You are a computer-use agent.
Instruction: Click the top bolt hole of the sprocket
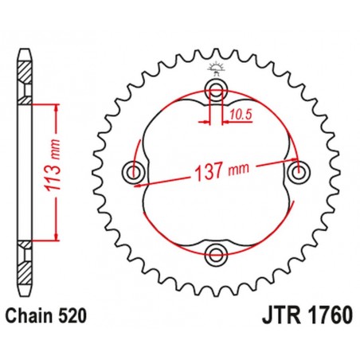[215, 88]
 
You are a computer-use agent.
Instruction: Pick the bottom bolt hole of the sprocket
[215, 254]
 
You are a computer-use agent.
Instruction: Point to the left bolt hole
[133, 170]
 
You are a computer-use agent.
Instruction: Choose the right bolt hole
[299, 170]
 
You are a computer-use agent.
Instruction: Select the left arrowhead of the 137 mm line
[141, 182]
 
